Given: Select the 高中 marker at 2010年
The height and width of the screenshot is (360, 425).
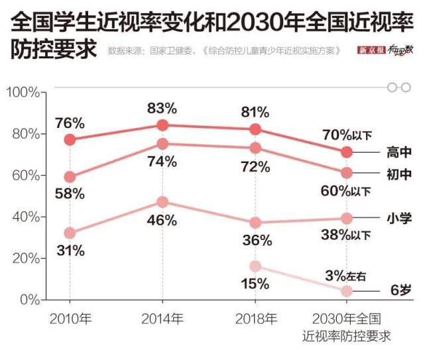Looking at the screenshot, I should (x=70, y=139).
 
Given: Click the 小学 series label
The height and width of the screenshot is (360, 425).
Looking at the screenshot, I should (x=399, y=217).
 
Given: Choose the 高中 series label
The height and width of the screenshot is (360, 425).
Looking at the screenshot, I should (x=399, y=152).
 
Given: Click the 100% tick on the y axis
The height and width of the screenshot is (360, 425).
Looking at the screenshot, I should (x=23, y=91).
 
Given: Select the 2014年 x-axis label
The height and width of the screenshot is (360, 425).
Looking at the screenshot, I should (x=162, y=318).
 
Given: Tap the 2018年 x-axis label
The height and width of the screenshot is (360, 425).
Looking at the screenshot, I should (x=255, y=318).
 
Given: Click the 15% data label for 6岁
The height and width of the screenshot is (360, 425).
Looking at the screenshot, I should (x=255, y=284).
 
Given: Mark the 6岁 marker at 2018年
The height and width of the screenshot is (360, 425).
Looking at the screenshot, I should (x=255, y=266).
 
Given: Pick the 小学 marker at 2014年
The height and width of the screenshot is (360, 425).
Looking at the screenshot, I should (x=162, y=202).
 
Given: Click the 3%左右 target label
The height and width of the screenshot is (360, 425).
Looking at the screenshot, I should (x=345, y=274).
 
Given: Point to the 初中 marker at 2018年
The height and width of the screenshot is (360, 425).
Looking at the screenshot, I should (x=255, y=148).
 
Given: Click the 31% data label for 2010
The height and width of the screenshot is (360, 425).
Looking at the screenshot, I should (x=70, y=251).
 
